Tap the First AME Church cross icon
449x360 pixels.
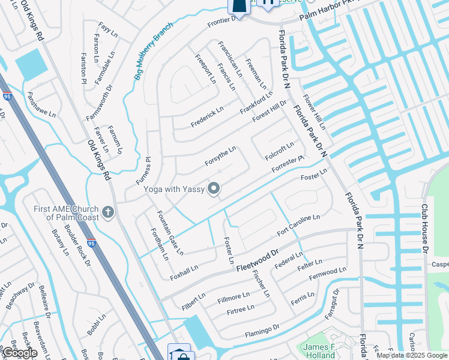(x=108, y=212)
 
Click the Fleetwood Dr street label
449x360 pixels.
(x=258, y=260)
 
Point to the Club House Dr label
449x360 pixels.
(x=424, y=228)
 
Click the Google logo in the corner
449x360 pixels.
(x=19, y=353)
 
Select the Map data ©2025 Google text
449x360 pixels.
(x=412, y=355)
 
